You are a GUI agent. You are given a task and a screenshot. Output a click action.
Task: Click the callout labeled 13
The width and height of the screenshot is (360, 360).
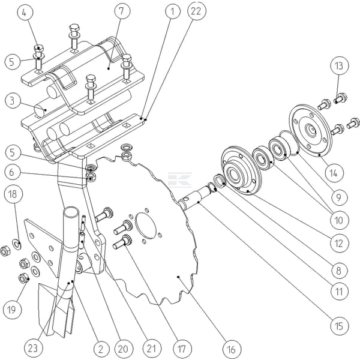pyautogui.click(x=339, y=65)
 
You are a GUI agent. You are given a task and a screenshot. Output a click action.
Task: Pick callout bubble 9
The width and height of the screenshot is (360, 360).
pyautogui.click(x=339, y=196)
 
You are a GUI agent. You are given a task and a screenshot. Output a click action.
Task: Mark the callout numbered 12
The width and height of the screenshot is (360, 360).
pyautogui.click(x=339, y=243)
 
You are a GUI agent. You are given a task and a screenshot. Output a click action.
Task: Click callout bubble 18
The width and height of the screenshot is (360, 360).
pyautogui.click(x=13, y=194)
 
